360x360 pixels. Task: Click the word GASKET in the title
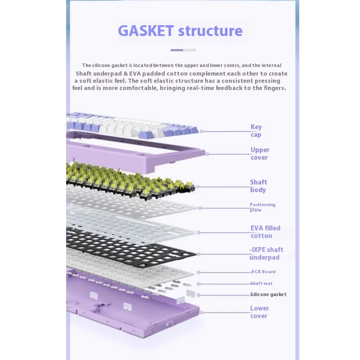(x=145, y=31)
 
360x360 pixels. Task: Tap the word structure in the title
(x=210, y=31)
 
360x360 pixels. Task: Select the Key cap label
(x=256, y=130)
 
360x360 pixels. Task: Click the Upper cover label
(x=260, y=153)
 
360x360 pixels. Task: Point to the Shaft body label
(x=258, y=186)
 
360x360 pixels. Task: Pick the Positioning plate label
(x=262, y=207)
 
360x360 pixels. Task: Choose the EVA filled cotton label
(x=265, y=232)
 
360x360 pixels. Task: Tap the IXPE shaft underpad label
(x=266, y=253)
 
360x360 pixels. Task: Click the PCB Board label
(x=263, y=272)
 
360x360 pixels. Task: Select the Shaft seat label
(x=261, y=283)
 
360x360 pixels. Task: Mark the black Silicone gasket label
(x=268, y=294)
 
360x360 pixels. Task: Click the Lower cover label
(x=259, y=312)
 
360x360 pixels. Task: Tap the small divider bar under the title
(x=183, y=50)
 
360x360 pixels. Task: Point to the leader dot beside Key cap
(x=202, y=131)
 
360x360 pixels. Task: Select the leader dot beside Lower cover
(x=201, y=312)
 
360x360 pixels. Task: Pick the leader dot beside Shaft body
(x=198, y=187)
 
